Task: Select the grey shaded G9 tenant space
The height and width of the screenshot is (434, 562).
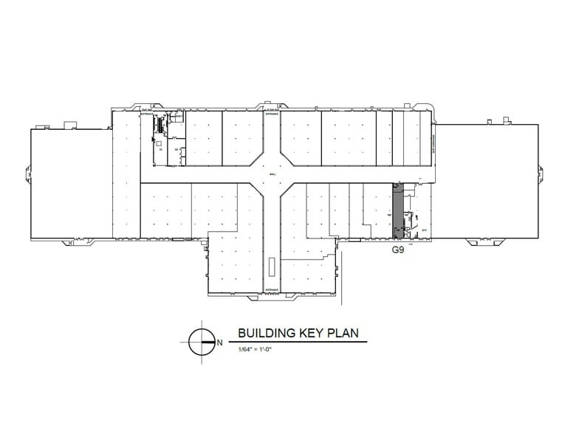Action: (397, 210)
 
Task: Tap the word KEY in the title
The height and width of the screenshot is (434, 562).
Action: (309, 333)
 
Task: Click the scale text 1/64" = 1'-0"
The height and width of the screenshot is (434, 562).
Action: (256, 348)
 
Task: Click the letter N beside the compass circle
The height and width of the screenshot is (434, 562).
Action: (219, 342)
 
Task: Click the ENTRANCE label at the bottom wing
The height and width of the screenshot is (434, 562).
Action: (271, 289)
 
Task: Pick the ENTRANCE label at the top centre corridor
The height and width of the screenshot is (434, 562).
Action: (271, 114)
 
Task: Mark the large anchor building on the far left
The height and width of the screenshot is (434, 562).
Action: (71, 183)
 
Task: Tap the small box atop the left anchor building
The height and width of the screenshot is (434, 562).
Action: (71, 124)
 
